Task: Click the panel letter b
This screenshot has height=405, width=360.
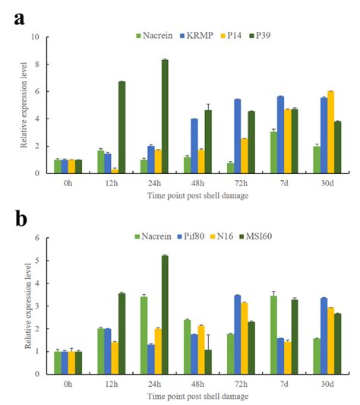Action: [18, 220]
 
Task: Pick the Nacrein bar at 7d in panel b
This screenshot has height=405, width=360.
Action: [273, 334]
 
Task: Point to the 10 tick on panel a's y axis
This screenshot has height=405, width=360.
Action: [35, 36]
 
